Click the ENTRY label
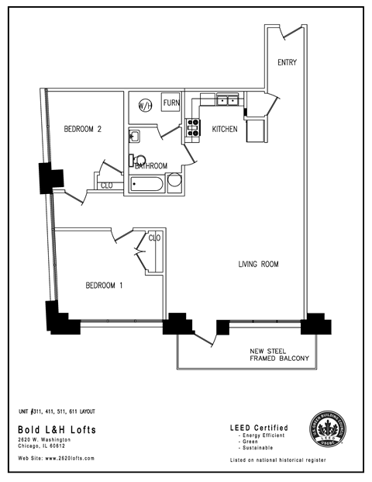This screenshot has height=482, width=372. pyautogui.click(x=287, y=62)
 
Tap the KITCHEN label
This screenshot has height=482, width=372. pyautogui.click(x=225, y=130)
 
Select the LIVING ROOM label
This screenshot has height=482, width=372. pyautogui.click(x=258, y=265)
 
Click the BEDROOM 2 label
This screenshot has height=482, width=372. pyautogui.click(x=84, y=130)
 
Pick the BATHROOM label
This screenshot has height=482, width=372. pyautogui.click(x=151, y=165)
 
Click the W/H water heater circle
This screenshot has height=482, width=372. pyautogui.click(x=145, y=105)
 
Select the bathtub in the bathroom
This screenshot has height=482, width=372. pyautogui.click(x=146, y=184)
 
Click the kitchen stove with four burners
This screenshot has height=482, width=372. pyautogui.click(x=192, y=130)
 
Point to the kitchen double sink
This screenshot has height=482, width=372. pyautogui.click(x=227, y=99)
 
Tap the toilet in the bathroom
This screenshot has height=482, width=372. pyautogui.click(x=134, y=161)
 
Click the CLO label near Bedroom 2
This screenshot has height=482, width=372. pyautogui.click(x=107, y=185)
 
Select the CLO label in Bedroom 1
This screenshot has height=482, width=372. pyautogui.click(x=153, y=238)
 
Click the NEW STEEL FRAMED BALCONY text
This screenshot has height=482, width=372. pyautogui.click(x=279, y=354)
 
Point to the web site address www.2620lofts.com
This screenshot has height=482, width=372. pyautogui.click(x=57, y=458)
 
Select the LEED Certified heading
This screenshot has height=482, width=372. pyautogui.click(x=259, y=428)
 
